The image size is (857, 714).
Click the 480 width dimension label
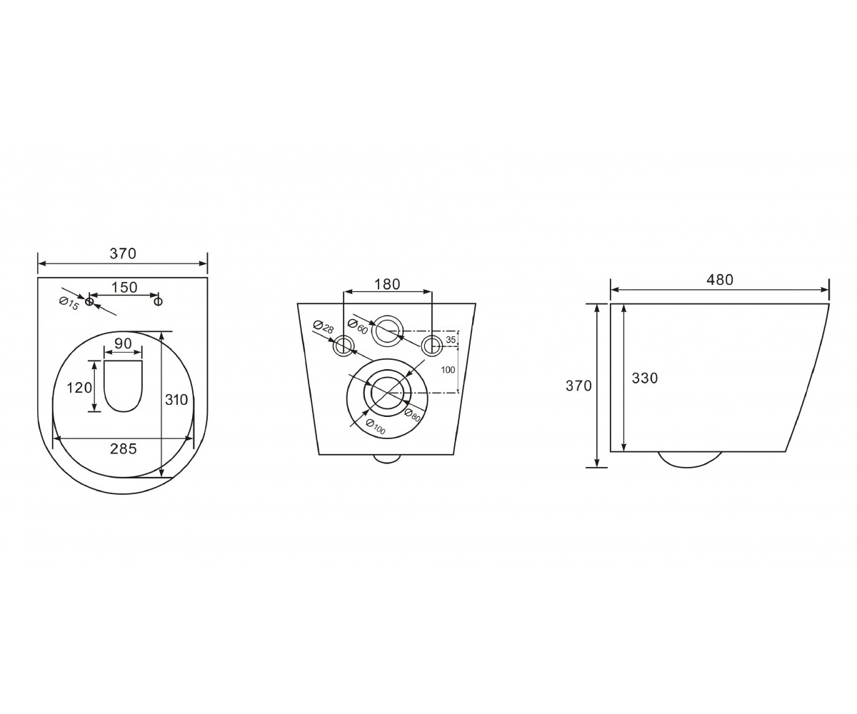719,279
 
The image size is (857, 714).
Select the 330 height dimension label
645,378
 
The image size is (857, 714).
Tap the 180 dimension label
387,284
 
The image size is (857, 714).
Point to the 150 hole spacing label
125,287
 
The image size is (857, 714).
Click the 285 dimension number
123,449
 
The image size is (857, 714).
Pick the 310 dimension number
176,399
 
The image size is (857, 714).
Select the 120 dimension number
79,387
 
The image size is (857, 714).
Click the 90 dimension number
123,343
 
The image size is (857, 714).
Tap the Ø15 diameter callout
69,303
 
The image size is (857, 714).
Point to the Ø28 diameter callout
324,326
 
